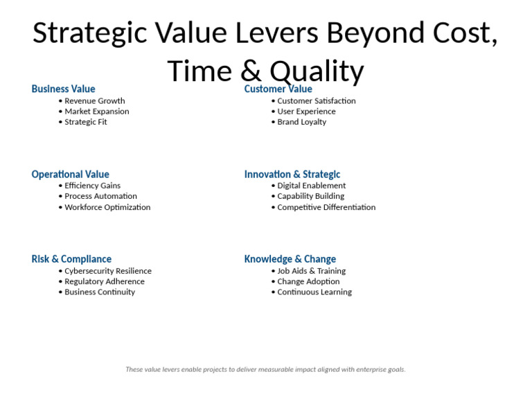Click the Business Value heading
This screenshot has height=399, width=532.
[x=63, y=89]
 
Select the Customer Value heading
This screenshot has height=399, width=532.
[x=278, y=89]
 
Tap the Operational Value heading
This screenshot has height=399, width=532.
[x=70, y=175]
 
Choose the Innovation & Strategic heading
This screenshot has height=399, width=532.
[x=292, y=175]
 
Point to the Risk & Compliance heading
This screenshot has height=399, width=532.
[x=71, y=259]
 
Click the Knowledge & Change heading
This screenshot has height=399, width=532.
[x=290, y=259]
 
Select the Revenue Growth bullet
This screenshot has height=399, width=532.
[x=94, y=101]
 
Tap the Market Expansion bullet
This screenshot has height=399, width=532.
[x=96, y=112]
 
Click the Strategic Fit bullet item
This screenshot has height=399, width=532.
[x=85, y=122]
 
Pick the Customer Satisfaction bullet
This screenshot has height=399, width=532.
[x=316, y=101]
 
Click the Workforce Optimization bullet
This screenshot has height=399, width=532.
[x=107, y=207]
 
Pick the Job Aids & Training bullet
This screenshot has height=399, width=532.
[x=311, y=272]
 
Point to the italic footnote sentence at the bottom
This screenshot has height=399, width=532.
[x=265, y=370]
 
